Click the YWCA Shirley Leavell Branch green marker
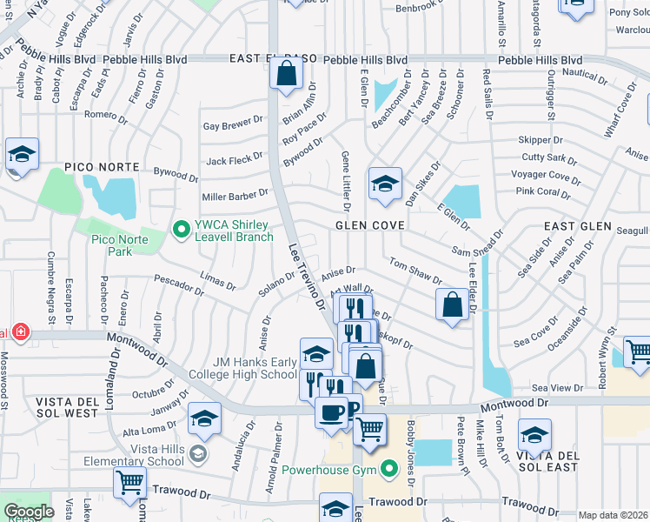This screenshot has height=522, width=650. (x=182, y=230)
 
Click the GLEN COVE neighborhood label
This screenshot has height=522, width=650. (x=370, y=225)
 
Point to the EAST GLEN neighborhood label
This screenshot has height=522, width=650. (x=573, y=226)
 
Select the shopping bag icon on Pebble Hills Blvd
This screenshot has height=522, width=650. (x=286, y=76)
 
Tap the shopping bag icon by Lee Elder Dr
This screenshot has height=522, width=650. (x=452, y=305)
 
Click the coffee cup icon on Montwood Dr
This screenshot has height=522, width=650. (x=331, y=411)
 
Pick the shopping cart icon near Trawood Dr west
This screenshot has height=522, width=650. (x=129, y=481)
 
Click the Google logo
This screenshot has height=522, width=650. (x=30, y=512)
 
